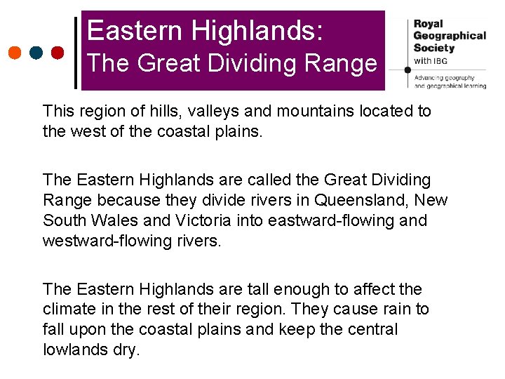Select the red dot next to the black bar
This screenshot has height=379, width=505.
pyautogui.click(x=58, y=53)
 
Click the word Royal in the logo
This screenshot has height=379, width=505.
pyautogui.click(x=429, y=24)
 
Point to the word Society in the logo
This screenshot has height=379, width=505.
pyautogui.click(x=433, y=48)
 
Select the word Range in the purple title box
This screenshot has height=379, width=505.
pyautogui.click(x=343, y=64)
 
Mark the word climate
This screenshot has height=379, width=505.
pyautogui.click(x=68, y=310)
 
